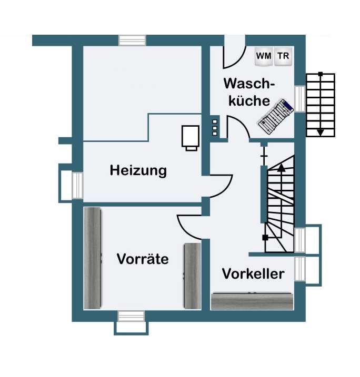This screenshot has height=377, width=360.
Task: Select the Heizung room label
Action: (138, 170)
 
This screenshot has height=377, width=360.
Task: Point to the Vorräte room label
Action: (143, 259)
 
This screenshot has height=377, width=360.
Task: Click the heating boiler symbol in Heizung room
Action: (190, 137)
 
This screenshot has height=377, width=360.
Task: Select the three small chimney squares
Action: (215, 128)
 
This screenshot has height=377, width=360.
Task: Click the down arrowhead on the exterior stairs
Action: (320, 132)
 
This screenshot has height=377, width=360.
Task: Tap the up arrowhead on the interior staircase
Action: (281, 168)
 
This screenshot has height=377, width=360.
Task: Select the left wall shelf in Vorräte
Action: (93, 258)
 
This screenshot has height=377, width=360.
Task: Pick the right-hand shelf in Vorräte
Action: (192, 276)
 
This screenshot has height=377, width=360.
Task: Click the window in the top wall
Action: (132, 40)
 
